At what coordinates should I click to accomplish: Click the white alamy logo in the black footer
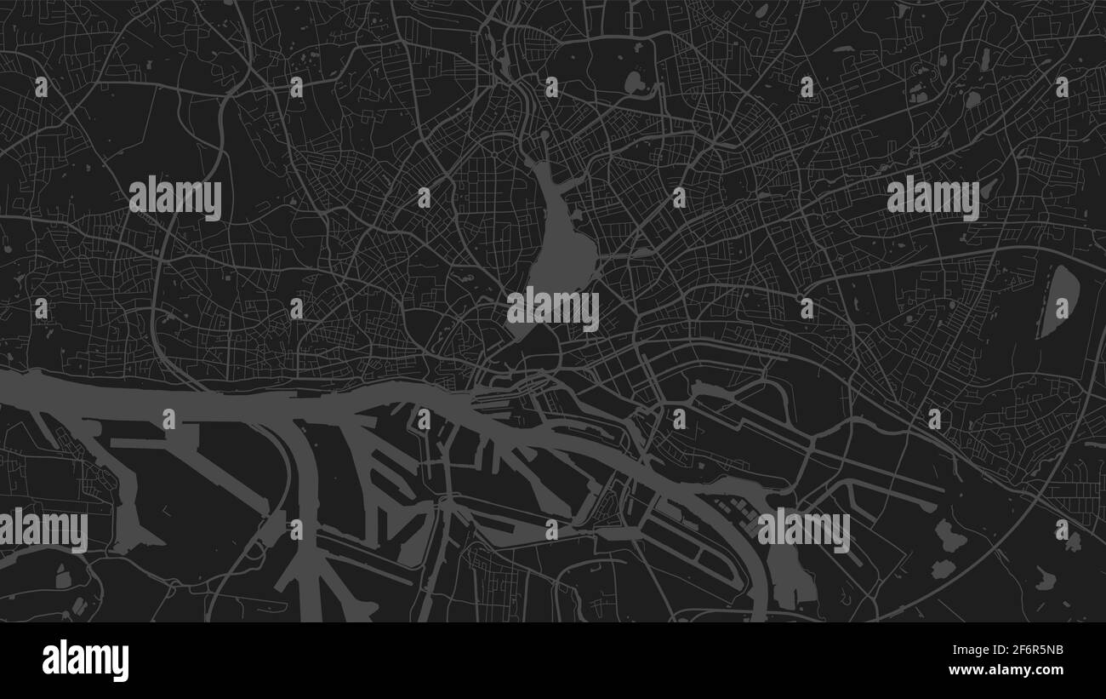85,660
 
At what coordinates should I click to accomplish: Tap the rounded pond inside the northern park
635,83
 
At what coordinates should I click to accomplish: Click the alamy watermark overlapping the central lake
553,308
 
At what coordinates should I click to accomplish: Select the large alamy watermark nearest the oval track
932,198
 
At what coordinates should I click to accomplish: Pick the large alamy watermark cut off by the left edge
43,530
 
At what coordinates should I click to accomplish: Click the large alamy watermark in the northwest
175,198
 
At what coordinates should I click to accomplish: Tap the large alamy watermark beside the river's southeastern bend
803,530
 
